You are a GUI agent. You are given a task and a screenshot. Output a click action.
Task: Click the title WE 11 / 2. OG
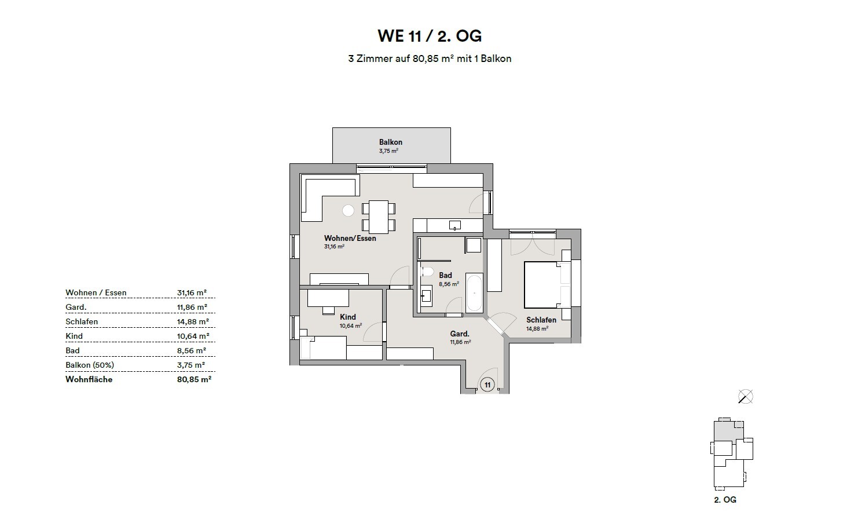(x=429, y=36)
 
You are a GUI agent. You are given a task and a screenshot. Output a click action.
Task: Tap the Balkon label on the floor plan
(x=391, y=142)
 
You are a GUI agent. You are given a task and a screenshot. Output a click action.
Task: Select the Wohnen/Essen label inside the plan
(x=350, y=238)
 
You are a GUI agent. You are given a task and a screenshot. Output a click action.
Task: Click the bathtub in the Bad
(x=474, y=293)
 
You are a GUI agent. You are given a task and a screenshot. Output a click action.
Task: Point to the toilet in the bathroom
(x=427, y=272)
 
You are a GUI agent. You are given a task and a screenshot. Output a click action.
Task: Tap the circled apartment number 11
(x=487, y=385)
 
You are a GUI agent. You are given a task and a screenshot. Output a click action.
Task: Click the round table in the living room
(x=348, y=211)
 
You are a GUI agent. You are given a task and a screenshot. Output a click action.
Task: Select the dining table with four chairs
(x=379, y=216)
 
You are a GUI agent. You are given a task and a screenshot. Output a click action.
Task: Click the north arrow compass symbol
(x=746, y=397)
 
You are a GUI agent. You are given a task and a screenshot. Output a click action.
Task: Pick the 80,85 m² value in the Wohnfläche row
(x=194, y=379)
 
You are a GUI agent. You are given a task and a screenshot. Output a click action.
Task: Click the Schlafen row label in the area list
(x=82, y=321)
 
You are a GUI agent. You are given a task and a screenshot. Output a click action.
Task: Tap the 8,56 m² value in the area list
(x=192, y=350)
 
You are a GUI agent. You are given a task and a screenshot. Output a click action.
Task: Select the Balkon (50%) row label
(x=90, y=365)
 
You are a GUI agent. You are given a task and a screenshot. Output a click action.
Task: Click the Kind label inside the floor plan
(x=347, y=317)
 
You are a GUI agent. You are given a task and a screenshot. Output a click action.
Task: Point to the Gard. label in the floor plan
(x=459, y=334)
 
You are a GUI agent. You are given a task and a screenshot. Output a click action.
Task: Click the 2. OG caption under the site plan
(x=725, y=499)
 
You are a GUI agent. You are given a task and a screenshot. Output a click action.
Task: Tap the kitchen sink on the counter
(x=454, y=225)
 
